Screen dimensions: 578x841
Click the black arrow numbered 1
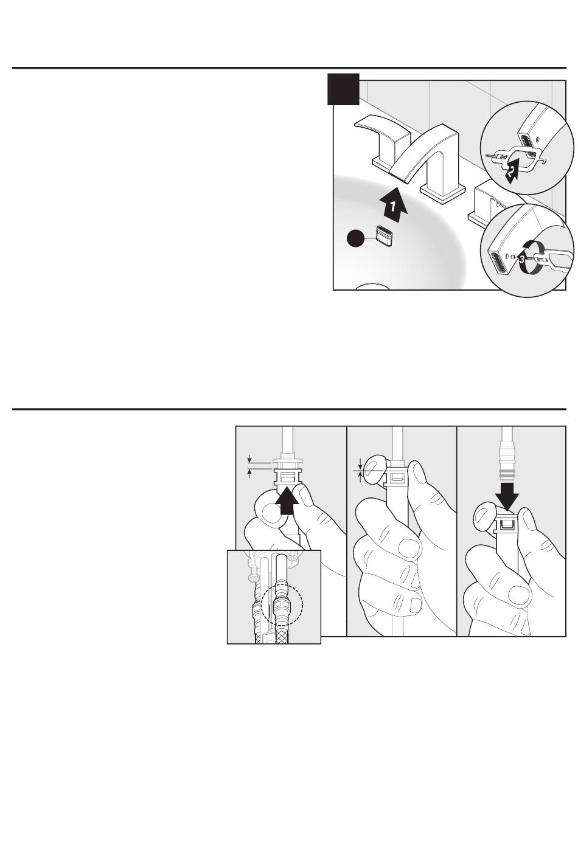pyautogui.click(x=393, y=206)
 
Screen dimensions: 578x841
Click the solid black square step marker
pyautogui.click(x=344, y=89)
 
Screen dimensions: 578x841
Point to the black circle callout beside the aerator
pyautogui.click(x=355, y=240)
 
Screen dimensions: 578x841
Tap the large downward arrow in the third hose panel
pyautogui.click(x=507, y=498)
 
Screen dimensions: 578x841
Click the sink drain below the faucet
pyautogui.click(x=372, y=286)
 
